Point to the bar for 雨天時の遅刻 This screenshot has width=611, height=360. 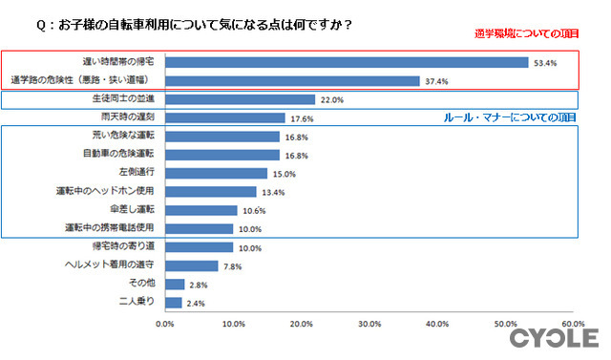[224, 118]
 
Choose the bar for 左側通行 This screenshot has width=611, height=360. [216, 174]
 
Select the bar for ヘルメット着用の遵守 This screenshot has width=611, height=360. [191, 265]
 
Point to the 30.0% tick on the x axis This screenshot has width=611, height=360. [369, 325]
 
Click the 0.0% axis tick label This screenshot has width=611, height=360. [165, 325]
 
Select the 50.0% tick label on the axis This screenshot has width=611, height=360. [505, 325]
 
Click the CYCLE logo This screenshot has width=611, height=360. [554, 339]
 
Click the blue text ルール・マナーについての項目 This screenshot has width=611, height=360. [511, 116]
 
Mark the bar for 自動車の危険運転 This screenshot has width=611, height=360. [221, 155]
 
